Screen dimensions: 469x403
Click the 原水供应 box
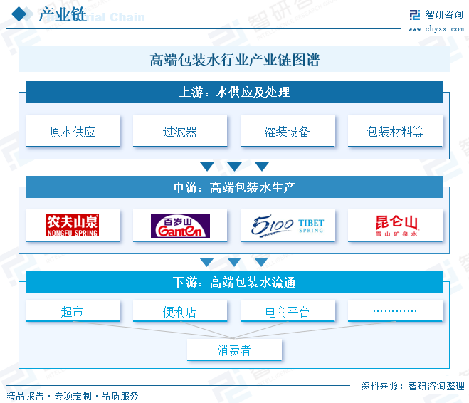point(73,131)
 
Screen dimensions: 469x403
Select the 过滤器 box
point(180,131)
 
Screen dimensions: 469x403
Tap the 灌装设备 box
point(288,131)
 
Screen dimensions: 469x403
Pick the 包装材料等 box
point(395,131)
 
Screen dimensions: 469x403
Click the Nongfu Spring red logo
point(73,225)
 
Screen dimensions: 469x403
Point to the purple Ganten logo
point(180,226)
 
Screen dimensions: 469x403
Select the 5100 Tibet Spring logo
point(287,226)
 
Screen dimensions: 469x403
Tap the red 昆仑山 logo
point(396,226)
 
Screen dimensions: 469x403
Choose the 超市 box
point(73,311)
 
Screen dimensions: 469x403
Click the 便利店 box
point(180,311)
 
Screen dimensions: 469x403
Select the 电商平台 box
point(288,311)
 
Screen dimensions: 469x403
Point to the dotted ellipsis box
point(395,311)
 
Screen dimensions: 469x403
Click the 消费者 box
point(234,350)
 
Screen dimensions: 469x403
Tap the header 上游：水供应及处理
point(234,92)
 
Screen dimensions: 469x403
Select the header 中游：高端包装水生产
point(234,187)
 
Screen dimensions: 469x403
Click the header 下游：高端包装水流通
point(234,282)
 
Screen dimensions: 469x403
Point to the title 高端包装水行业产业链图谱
point(235,60)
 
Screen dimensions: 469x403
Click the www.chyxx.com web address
point(436,29)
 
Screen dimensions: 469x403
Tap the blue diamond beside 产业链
point(19,14)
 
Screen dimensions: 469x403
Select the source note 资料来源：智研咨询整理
point(413,386)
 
